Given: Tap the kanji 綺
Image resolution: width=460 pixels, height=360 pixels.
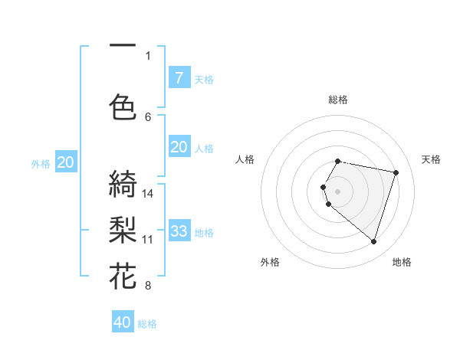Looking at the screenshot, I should (123, 185).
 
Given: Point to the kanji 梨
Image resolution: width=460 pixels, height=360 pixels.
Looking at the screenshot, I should (123, 231).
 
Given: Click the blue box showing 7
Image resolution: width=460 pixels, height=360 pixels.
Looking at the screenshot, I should (179, 77).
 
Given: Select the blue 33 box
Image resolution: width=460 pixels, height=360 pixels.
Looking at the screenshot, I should (179, 231).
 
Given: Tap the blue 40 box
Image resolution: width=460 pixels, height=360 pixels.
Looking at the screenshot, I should (123, 322).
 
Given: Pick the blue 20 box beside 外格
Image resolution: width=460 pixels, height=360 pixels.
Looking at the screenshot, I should (66, 162).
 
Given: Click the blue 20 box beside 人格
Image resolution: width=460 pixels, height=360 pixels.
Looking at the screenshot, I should (179, 147).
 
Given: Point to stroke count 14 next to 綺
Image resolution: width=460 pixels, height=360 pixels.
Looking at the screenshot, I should (148, 193).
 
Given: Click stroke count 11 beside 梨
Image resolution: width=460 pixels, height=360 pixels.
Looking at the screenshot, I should (148, 239).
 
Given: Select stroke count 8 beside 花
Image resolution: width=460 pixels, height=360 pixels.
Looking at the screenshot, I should (148, 286).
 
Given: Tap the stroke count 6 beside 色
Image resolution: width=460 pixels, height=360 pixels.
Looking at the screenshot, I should (148, 116).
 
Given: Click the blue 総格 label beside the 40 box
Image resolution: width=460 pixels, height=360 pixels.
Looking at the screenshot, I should (147, 324).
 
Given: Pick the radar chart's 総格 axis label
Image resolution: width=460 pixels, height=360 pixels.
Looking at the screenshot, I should (338, 100).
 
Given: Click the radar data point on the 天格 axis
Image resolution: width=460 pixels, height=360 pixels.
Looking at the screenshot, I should (396, 172).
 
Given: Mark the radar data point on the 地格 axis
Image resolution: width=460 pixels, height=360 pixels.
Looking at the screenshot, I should (373, 241).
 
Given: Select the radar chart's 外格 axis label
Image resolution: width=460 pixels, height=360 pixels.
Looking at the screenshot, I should (270, 262).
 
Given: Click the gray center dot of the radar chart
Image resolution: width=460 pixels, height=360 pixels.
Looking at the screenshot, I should (337, 190).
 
